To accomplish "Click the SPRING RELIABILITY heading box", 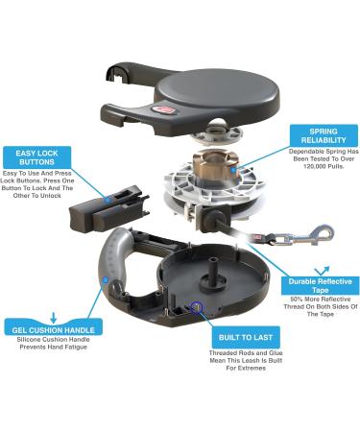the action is pos(324,135).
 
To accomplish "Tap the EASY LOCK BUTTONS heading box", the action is pos(37,157).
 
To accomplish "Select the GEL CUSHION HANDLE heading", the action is pos(54,330).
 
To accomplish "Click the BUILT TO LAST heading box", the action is pos(246,338).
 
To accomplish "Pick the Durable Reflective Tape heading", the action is pos(320,286).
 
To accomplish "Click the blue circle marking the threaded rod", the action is pos(196,307).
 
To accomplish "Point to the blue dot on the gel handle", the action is pos(105,280).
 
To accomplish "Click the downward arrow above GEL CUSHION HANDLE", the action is pos(54,317).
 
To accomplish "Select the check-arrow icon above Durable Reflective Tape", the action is pos(322,271).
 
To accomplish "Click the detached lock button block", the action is pos(108,207).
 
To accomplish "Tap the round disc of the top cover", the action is pos(218,92).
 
